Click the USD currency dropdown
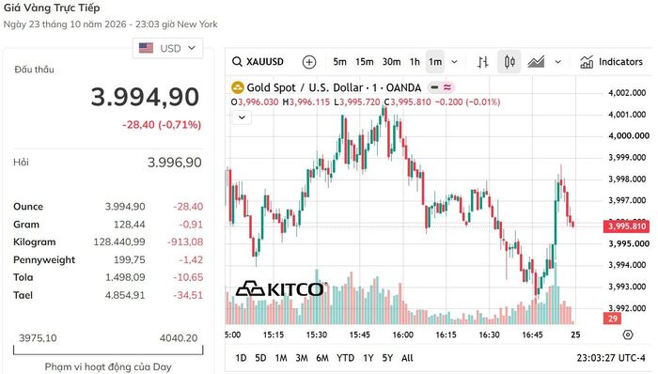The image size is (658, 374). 167,48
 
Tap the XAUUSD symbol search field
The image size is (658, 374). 258,62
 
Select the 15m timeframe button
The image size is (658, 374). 365,62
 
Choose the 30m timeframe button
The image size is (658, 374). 391,62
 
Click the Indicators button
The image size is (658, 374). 611,62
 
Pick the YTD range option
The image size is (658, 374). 345,358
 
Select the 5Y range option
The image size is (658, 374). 387,358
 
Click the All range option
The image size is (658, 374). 407,358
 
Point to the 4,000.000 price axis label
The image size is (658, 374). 629,136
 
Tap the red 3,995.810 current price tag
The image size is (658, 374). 627,226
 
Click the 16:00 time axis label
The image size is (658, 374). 403,335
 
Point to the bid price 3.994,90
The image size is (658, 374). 145,97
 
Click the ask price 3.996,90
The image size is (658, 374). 174,163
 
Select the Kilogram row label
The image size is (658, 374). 35,242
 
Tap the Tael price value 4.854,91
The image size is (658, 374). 125,295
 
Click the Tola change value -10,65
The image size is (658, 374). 188,277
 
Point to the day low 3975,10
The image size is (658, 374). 38,338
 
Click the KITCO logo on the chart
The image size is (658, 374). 280,288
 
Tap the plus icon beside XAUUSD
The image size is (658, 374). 309,62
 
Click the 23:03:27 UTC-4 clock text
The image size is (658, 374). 611,358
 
